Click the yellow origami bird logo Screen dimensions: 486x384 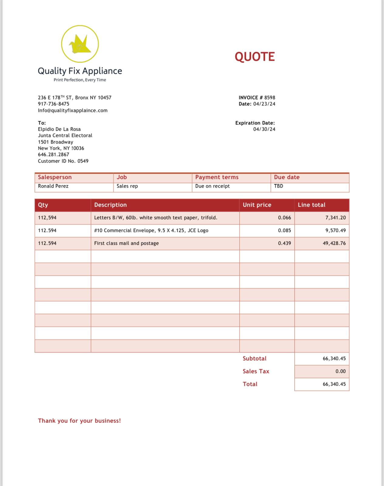(x=80, y=44)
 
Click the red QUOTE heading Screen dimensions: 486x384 (x=255, y=57)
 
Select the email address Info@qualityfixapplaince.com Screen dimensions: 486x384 (x=73, y=110)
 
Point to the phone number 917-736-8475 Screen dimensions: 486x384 (x=53, y=104)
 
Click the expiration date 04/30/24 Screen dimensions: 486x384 (x=264, y=129)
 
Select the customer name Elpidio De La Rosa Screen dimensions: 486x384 (x=59, y=129)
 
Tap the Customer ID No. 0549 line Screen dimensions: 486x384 (x=63, y=161)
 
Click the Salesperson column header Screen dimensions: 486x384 (x=55, y=177)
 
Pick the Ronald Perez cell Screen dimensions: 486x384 (x=53, y=186)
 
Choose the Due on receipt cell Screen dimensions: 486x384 (x=212, y=186)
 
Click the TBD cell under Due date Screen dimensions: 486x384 (x=279, y=186)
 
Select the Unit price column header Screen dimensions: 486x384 (x=257, y=205)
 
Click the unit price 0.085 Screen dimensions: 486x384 (x=284, y=230)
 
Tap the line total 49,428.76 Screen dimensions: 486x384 (x=334, y=243)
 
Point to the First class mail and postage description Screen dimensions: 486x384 (x=126, y=243)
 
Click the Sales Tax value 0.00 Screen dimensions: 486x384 (x=341, y=371)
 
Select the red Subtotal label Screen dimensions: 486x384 (x=254, y=358)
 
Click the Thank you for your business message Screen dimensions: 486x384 (x=79, y=421)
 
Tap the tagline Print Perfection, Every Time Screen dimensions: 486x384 (x=80, y=80)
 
